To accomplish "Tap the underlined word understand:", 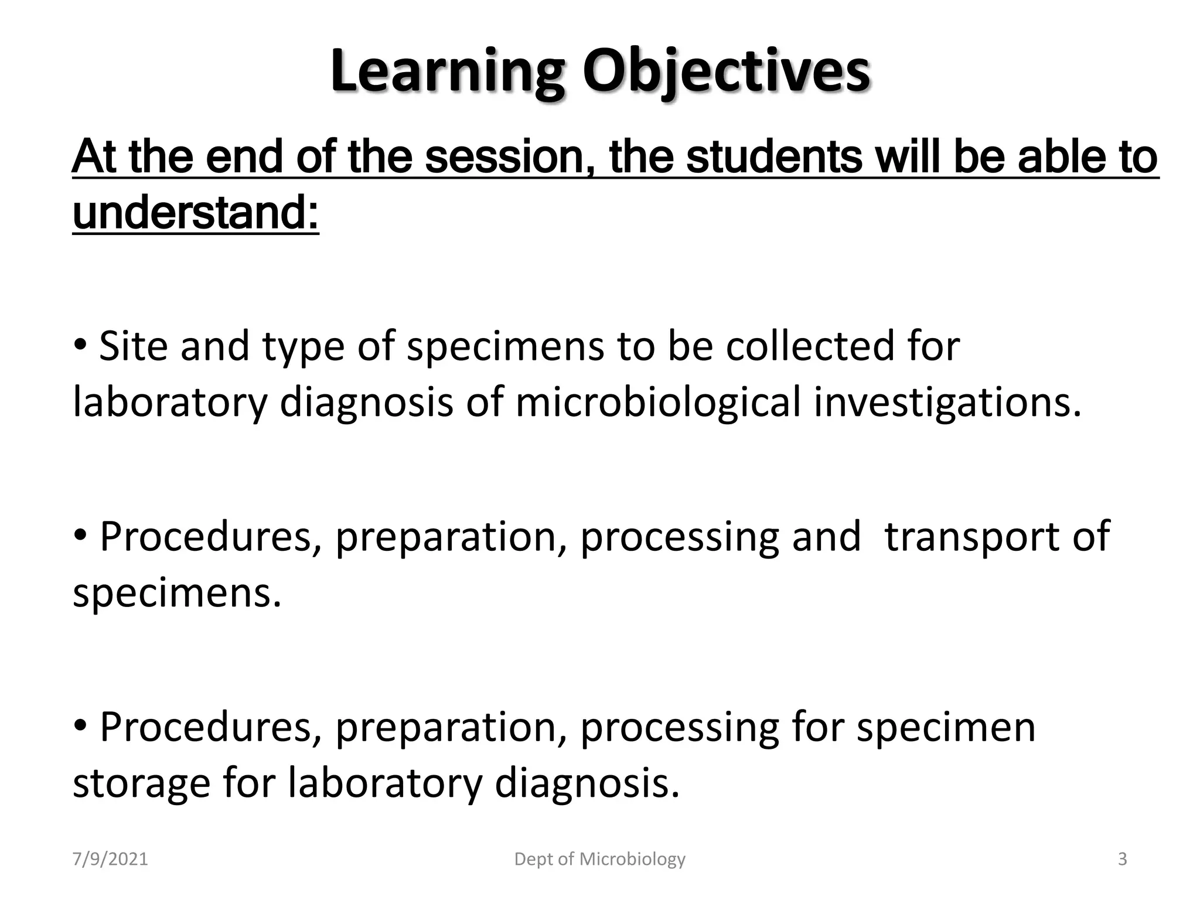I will point(196,213).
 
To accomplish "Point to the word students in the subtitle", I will point(774,158).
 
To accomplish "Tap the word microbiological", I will point(658,403).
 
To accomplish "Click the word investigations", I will point(947,403).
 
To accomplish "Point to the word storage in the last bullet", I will point(141,783).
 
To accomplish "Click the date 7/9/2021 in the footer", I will point(110,860).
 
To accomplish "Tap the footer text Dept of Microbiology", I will point(599,860).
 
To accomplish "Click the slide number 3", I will point(1123,860).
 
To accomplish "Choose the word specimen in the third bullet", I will point(946,727).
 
